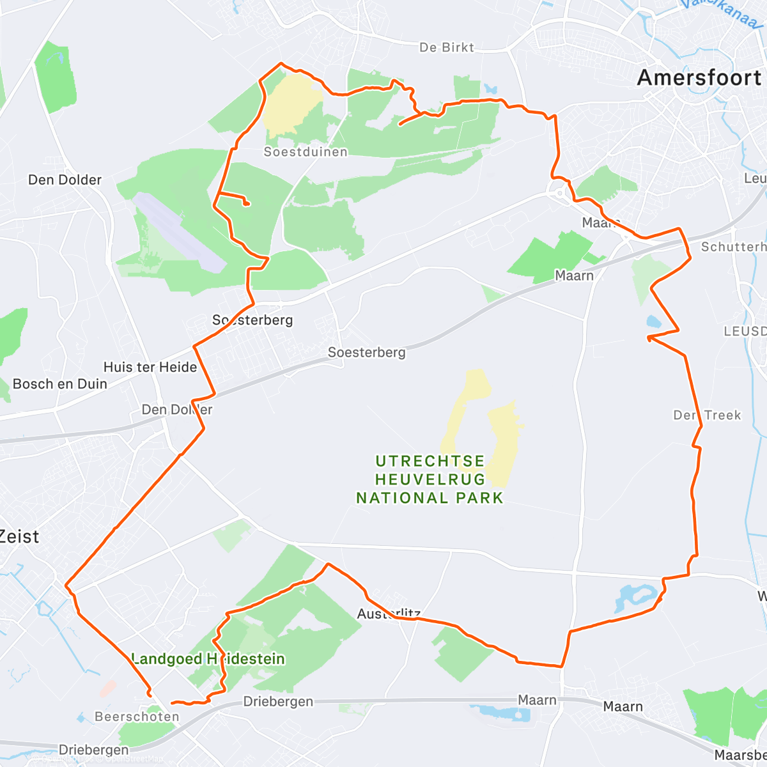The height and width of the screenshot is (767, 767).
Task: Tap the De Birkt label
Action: click(447, 47)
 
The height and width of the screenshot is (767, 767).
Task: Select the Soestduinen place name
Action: click(306, 151)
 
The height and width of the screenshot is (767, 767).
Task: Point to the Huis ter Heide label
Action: click(150, 367)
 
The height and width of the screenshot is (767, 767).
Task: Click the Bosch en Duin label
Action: click(60, 383)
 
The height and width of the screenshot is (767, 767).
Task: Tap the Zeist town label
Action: click(19, 536)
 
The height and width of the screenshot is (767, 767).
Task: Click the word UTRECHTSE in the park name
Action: click(430, 461)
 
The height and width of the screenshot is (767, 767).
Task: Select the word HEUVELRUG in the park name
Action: click(430, 479)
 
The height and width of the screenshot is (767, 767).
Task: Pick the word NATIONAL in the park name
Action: click(403, 497)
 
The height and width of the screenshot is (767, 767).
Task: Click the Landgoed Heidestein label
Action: click(208, 658)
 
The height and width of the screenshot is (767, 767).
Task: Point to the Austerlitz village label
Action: click(389, 614)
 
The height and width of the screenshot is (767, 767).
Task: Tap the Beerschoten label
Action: click(137, 717)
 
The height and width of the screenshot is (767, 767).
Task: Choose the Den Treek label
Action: click(707, 415)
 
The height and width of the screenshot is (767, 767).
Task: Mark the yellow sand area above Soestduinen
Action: click(291, 102)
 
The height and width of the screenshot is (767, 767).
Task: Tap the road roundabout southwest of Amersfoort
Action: click(561, 192)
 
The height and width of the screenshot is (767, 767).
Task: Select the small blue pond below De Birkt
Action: click(490, 89)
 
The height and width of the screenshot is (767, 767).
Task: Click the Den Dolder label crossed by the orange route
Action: click(177, 409)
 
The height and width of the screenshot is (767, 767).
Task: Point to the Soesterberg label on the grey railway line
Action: click(366, 352)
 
